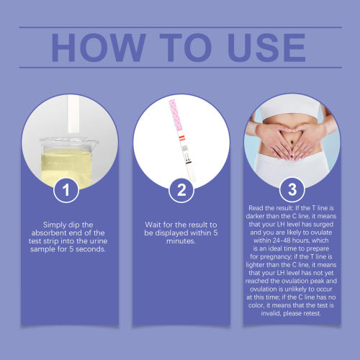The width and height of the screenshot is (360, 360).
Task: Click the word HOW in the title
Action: coord(99,48)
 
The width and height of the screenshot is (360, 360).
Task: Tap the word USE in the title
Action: coord(266,48)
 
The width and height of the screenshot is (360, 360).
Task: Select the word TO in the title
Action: coord(186,48)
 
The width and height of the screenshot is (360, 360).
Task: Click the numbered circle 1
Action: coord(66,190)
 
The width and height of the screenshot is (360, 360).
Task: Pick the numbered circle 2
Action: coord(181,190)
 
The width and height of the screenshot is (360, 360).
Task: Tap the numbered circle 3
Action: coord(292,189)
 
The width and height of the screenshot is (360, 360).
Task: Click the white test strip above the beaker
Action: coord(73,114)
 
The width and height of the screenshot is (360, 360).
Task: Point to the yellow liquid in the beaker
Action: coord(66,168)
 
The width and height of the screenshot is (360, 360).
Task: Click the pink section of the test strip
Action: coord(176,116)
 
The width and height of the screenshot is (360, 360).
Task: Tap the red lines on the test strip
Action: coord(181,138)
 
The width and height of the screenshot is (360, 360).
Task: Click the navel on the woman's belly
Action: coord(292,143)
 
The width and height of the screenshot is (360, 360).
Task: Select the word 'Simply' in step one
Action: coord(54,225)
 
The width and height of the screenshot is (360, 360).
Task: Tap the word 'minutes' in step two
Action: coord(181,241)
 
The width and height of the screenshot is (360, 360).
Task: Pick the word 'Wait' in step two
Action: coord(153,225)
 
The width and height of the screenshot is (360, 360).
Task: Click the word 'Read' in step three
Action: coord(256,208)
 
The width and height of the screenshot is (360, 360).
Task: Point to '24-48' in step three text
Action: coord(282,240)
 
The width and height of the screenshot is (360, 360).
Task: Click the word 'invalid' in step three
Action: coord(271,313)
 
